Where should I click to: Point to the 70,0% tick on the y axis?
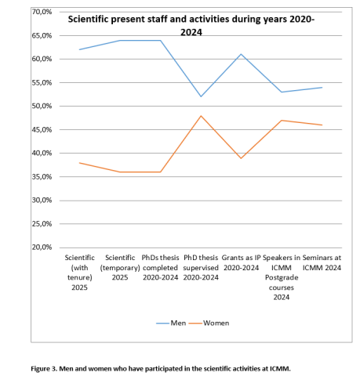[x=41, y=12]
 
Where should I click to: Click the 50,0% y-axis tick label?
[x=41, y=106]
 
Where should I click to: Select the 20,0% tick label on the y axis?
[x=41, y=248]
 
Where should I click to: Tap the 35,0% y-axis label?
[x=41, y=177]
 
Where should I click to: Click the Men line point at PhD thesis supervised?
[x=201, y=96]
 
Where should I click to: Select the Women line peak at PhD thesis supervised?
[x=201, y=116]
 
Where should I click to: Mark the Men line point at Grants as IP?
[x=241, y=54]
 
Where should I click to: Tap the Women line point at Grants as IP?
[x=241, y=158]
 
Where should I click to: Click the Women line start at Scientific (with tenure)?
[x=79, y=163]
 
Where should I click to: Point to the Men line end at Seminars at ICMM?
[x=322, y=87]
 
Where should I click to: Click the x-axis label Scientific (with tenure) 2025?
[x=79, y=272]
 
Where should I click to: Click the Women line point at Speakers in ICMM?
[x=282, y=121]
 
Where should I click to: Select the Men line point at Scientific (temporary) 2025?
[x=120, y=40]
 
